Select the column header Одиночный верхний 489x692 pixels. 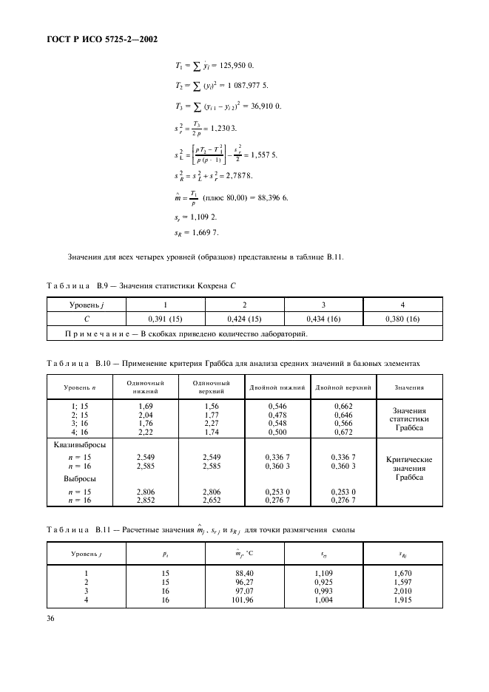[211, 387]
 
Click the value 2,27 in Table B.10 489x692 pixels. [211, 424]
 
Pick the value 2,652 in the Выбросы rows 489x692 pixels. [211, 501]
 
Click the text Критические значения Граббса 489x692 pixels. [409, 468]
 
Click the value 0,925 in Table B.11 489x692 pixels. [323, 583]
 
